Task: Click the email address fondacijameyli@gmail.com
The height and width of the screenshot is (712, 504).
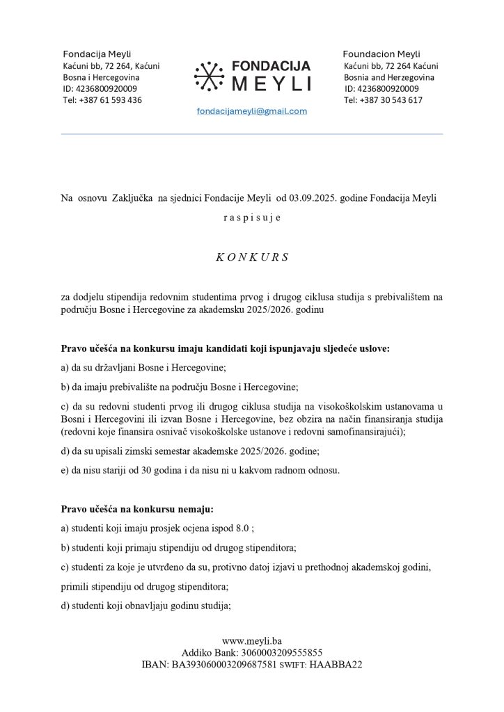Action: pyautogui.click(x=251, y=111)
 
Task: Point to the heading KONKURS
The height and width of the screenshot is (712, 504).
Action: pyautogui.click(x=251, y=257)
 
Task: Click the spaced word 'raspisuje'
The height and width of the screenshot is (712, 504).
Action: pyautogui.click(x=251, y=218)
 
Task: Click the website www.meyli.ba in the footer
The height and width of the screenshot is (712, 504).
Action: pyautogui.click(x=251, y=640)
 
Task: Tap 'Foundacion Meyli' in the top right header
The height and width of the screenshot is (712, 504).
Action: pyautogui.click(x=381, y=54)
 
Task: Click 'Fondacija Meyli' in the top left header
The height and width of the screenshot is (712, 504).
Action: pyautogui.click(x=97, y=54)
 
